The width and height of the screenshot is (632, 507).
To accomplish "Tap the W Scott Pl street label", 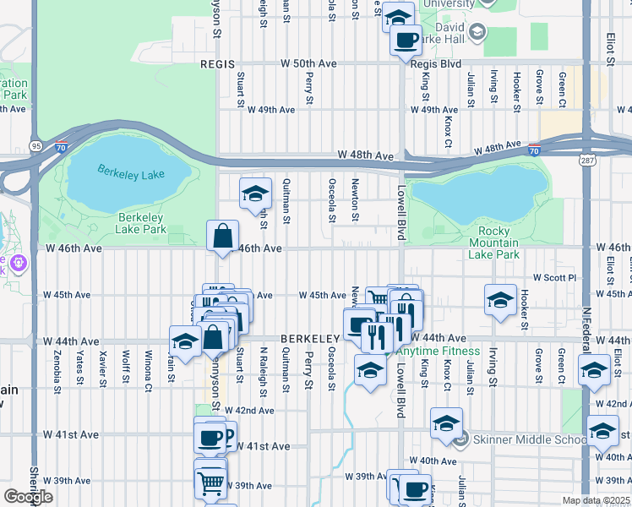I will [553, 277].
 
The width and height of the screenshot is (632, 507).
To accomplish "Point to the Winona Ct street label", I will [148, 365].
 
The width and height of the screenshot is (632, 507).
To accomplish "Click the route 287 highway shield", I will [586, 159].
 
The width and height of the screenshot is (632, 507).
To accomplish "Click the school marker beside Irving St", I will [500, 299].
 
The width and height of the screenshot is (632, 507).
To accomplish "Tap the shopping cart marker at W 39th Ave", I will [210, 482].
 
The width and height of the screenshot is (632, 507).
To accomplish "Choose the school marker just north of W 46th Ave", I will [255, 194].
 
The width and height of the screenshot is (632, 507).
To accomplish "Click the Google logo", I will [28, 496].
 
